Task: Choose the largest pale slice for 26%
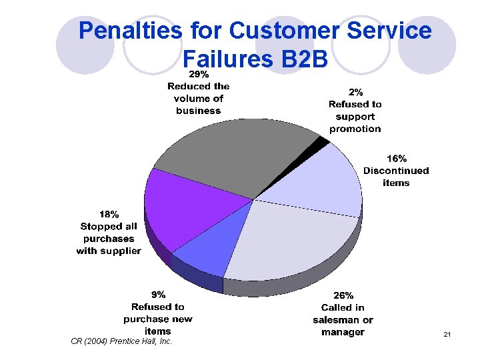tap(293, 240)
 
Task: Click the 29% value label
tap(198, 73)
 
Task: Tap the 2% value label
tap(355, 92)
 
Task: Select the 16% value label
tap(396, 159)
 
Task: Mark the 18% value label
tap(109, 215)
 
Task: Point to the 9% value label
tap(158, 294)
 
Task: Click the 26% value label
tap(343, 295)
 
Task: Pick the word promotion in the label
tap(355, 129)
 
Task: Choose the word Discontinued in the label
tap(396, 171)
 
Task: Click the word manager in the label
tap(343, 332)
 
